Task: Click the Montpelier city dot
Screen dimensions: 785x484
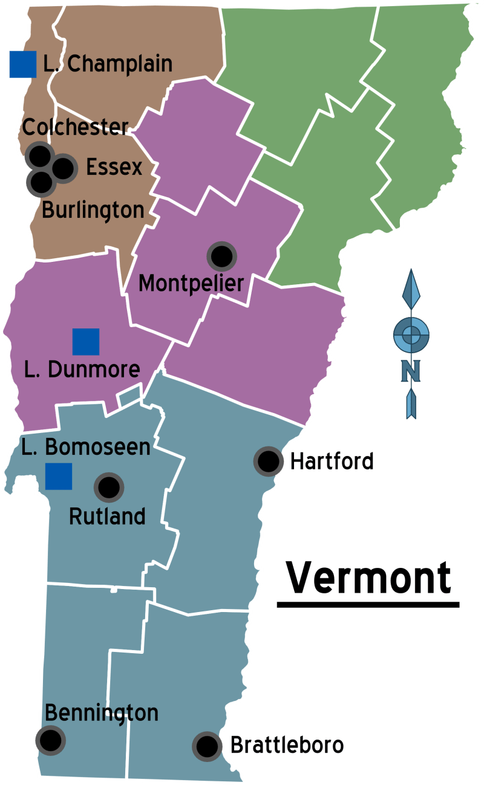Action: [221, 257]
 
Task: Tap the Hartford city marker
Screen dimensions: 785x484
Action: [268, 461]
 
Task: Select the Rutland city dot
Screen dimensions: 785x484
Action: [109, 487]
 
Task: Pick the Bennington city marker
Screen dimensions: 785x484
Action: [50, 739]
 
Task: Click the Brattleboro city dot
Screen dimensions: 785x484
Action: [207, 746]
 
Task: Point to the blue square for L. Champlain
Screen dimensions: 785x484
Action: [23, 65]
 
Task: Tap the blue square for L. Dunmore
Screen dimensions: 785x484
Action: [86, 342]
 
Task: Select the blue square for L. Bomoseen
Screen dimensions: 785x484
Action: [59, 476]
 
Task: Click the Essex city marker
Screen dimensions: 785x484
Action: [64, 168]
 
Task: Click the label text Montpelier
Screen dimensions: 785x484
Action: [191, 283]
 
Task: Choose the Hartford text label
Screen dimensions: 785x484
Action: [332, 461]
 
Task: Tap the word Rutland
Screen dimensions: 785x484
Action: [107, 516]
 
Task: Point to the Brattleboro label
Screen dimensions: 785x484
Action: [287, 745]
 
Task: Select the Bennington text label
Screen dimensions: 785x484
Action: [102, 713]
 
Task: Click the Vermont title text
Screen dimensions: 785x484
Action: [368, 578]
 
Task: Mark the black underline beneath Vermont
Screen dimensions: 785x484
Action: [368, 603]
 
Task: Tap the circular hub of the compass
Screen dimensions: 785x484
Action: [411, 334]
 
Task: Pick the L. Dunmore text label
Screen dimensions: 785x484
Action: [82, 369]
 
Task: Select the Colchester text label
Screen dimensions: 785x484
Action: [76, 127]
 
